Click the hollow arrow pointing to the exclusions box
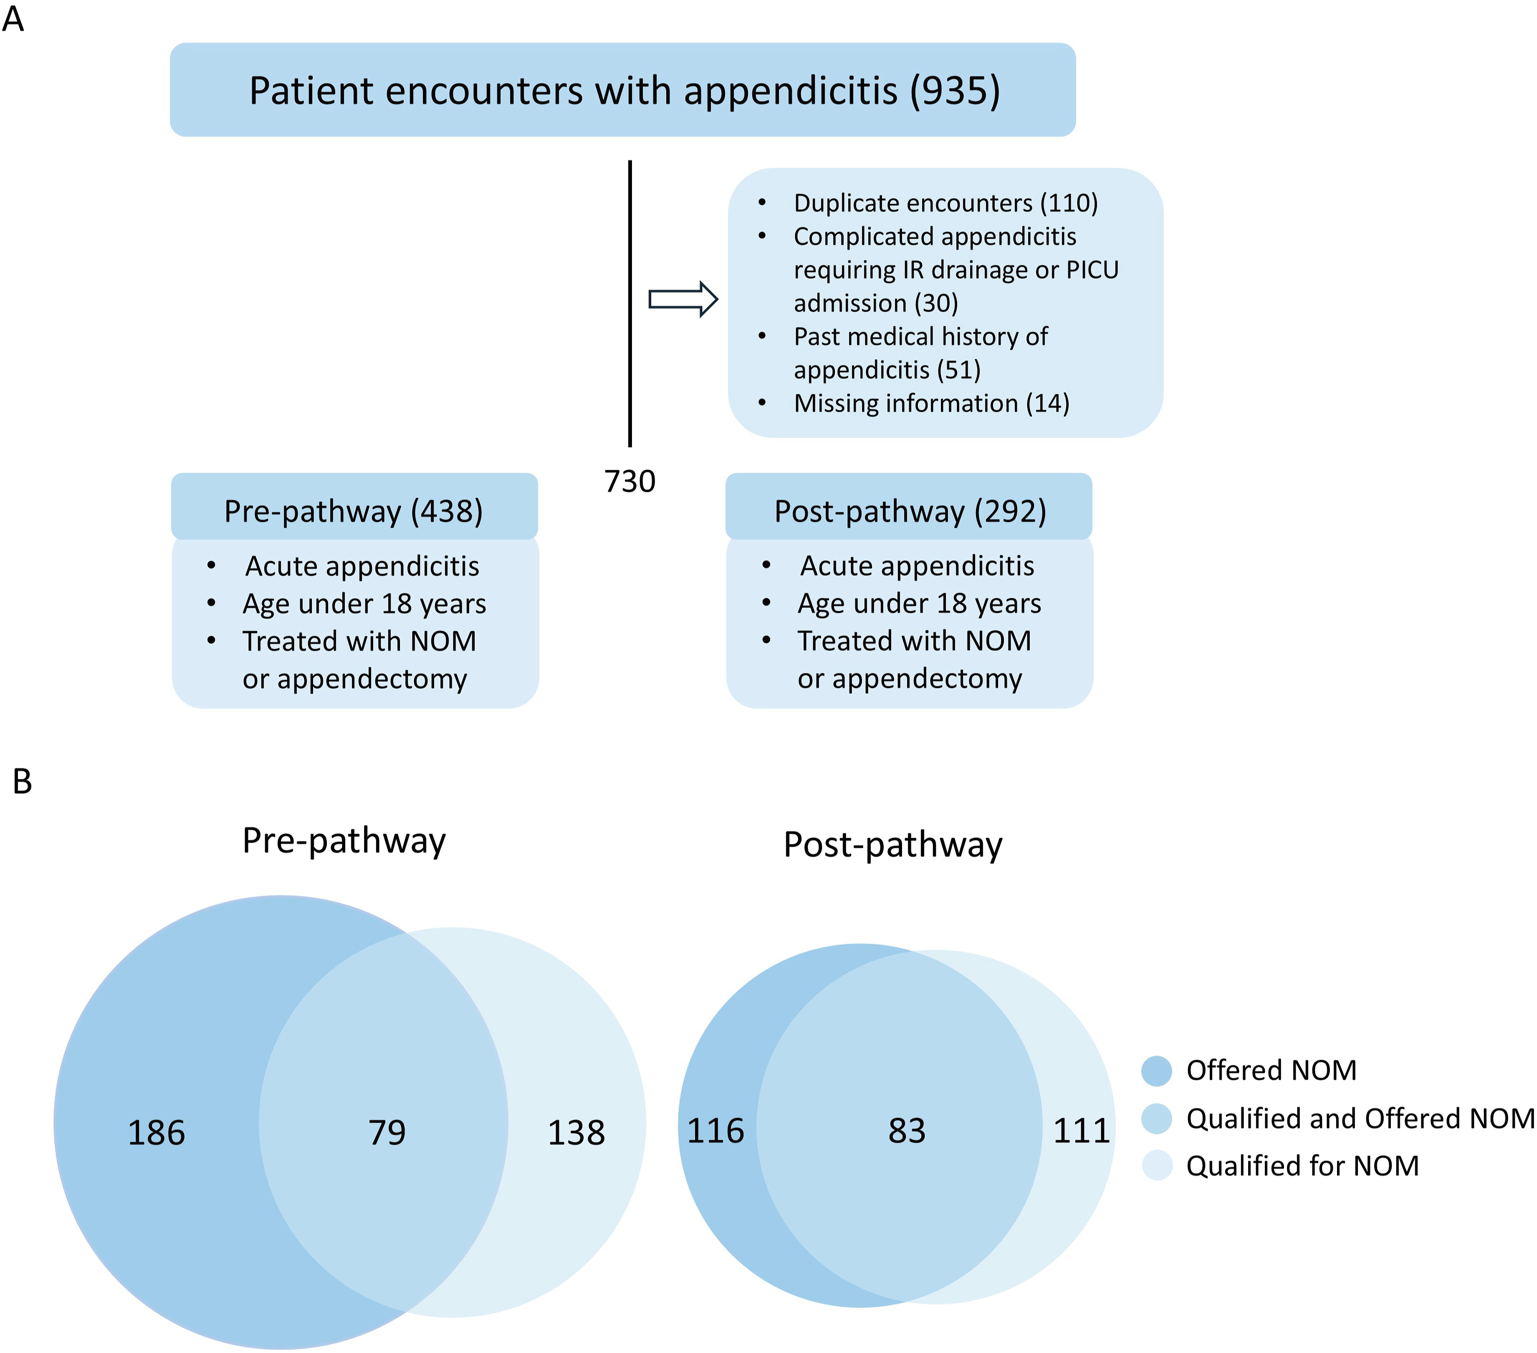(683, 299)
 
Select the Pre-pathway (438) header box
(354, 506)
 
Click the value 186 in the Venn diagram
(156, 1133)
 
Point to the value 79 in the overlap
(387, 1133)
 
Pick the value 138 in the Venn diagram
(576, 1133)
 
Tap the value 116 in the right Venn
(716, 1130)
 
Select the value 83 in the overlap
(907, 1130)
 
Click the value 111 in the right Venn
(1081, 1130)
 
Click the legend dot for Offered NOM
(1157, 1070)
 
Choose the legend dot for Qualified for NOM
(1157, 1165)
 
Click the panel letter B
(23, 782)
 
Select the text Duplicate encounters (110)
(946, 203)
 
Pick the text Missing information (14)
(932, 404)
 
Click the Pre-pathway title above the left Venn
(344, 841)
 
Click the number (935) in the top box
(955, 91)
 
